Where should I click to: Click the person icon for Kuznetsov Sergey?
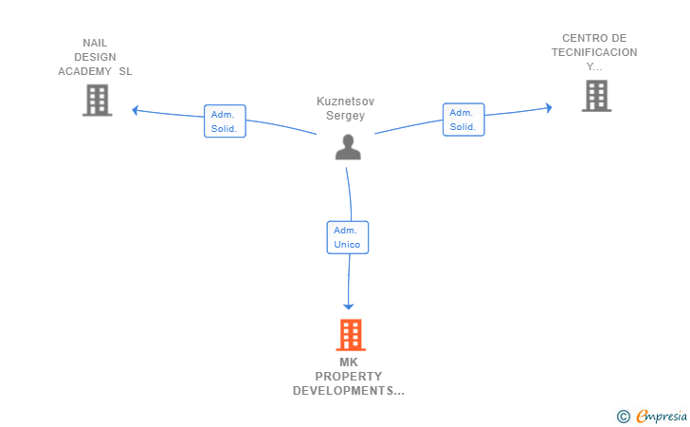coord(348,147)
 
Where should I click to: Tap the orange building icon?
coord(351,335)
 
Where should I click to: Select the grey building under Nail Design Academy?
coord(98,101)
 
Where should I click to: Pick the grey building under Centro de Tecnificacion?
coord(597,96)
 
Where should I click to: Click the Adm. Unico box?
coord(348,237)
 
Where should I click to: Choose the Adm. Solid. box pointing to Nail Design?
coord(225,121)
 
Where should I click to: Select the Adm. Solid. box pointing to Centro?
coord(463,120)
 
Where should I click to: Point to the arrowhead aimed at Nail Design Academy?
coord(136,110)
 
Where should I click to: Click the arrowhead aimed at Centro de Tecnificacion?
coord(549,108)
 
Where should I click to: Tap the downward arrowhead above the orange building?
coord(349,306)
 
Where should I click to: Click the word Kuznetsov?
coord(345,102)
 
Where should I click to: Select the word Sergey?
coord(345,116)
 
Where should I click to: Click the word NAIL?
coord(95,44)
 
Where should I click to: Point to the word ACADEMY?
coord(85,71)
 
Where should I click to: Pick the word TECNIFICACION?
coord(594,52)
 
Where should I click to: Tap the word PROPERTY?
coord(349,377)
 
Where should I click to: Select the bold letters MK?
coord(349,362)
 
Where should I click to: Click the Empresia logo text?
coord(662,417)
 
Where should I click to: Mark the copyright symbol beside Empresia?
coord(624,417)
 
